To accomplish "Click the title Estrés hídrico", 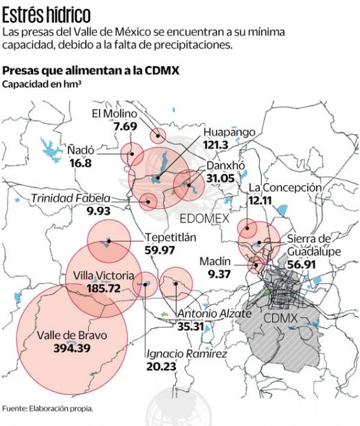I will pyautogui.click(x=46, y=14).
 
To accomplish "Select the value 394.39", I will pyautogui.click(x=81, y=349).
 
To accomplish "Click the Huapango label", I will pyautogui.click(x=229, y=132).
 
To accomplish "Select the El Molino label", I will pyautogui.click(x=115, y=114).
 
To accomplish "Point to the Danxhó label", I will pyautogui.click(x=221, y=166).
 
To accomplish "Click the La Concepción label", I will pyautogui.click(x=284, y=188).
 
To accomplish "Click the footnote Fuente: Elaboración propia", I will pyautogui.click(x=47, y=407).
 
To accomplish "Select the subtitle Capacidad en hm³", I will pyautogui.click(x=42, y=85).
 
